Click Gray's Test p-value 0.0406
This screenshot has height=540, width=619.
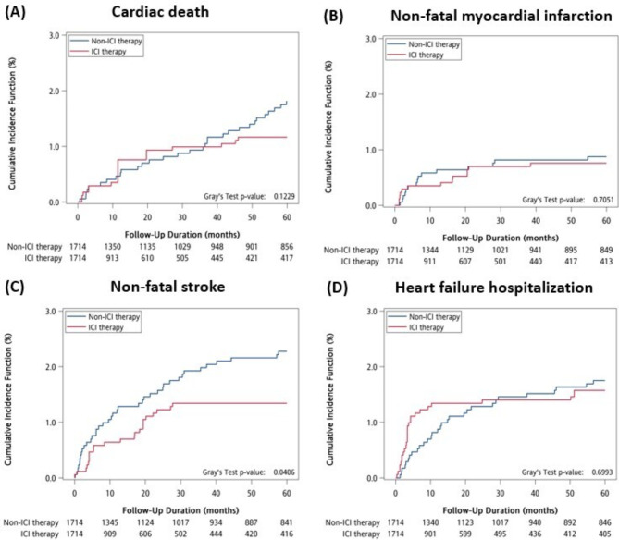click(267, 472)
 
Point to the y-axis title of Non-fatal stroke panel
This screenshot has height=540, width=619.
click(20, 396)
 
